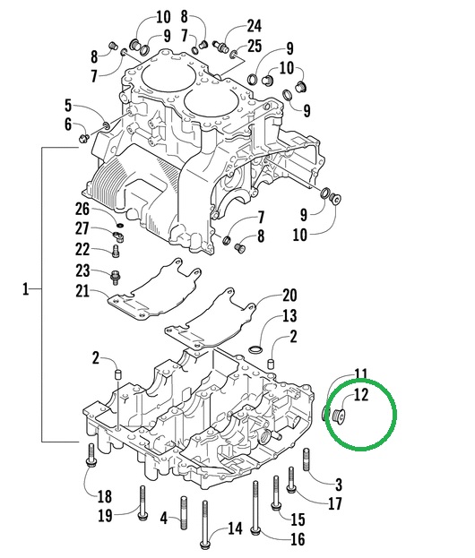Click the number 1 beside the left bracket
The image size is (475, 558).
point(26,289)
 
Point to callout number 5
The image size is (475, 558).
point(67,105)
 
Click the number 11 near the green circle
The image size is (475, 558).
point(360,373)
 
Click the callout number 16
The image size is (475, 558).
point(298,538)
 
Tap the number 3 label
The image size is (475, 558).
point(338,485)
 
